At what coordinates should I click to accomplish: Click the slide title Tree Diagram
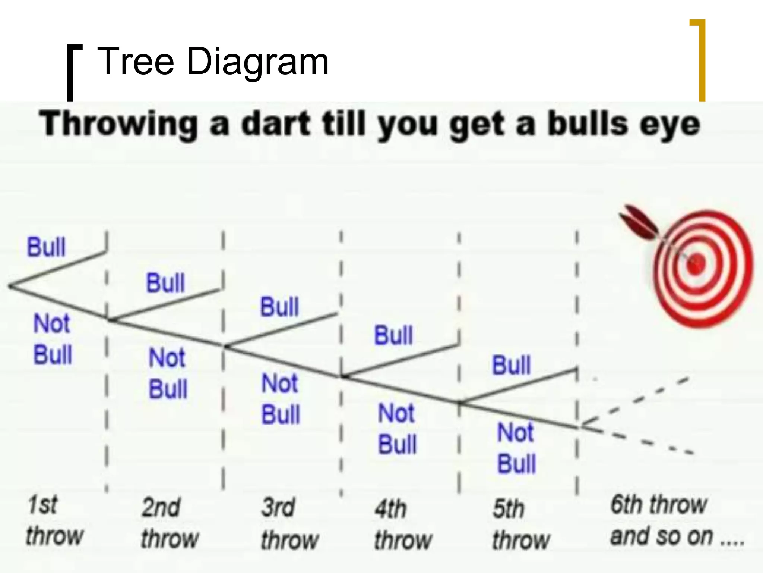pos(212,61)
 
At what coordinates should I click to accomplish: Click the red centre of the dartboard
pos(696,264)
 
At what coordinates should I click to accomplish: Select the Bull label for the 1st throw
pos(46,247)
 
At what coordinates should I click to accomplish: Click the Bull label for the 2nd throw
pos(165,283)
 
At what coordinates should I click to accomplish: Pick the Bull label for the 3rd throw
pos(279,307)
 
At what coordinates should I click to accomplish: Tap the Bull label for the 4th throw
pos(393,335)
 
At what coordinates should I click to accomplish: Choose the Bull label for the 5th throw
pos(511,365)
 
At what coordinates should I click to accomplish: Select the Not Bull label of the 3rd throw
pos(281,399)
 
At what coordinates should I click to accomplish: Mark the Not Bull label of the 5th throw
pos(516,448)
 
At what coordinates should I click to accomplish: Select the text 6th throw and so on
pos(676,520)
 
